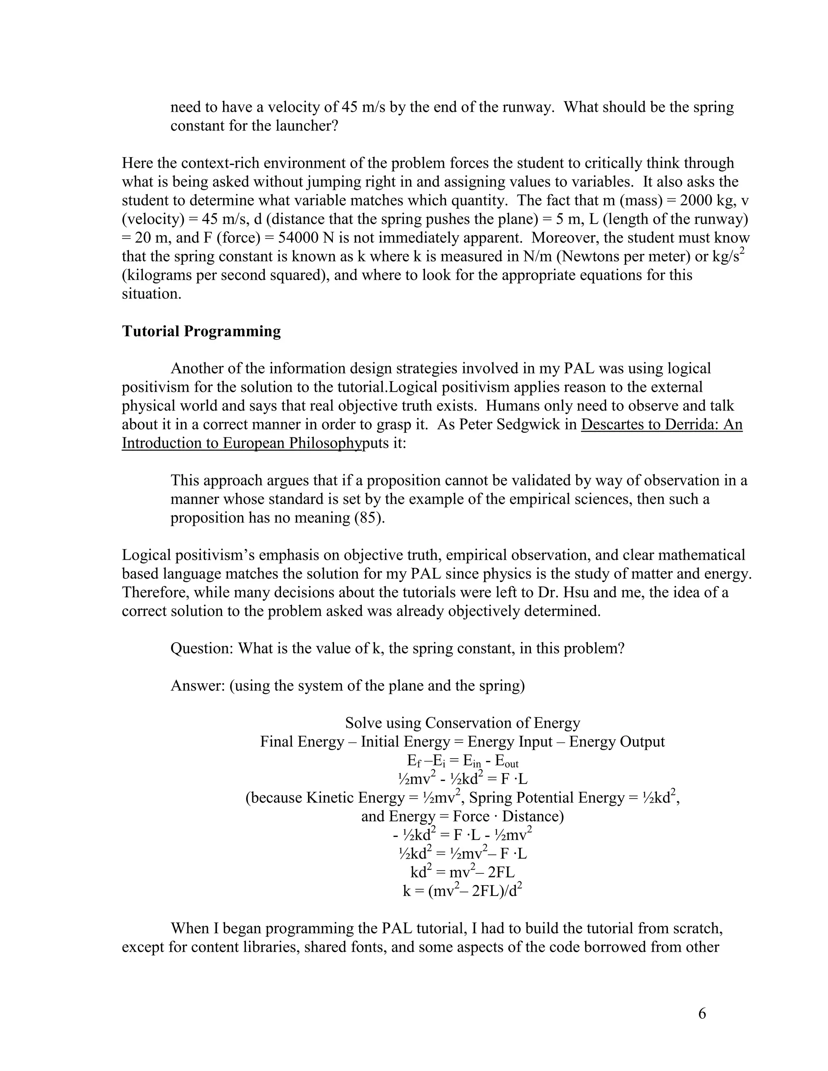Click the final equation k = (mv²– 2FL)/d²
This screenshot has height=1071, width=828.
click(462, 890)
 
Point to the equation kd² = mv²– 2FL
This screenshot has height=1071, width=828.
click(462, 872)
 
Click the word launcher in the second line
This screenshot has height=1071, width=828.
click(306, 126)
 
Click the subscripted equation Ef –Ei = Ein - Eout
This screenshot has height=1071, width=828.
click(463, 761)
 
